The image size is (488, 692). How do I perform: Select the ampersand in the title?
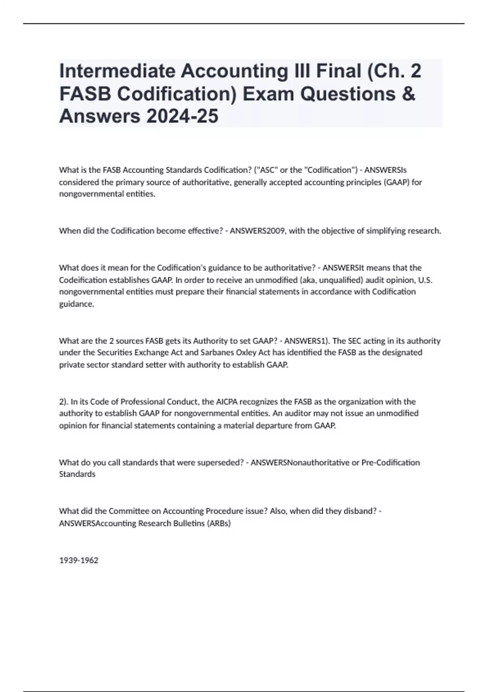[x=409, y=94]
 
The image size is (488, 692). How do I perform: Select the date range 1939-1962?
[x=78, y=560]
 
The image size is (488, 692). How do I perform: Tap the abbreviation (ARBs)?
[x=219, y=523]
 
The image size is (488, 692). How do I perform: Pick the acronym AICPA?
[x=227, y=402]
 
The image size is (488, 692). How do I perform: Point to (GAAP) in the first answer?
[x=396, y=182]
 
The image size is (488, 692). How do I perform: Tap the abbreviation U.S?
[x=425, y=280]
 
